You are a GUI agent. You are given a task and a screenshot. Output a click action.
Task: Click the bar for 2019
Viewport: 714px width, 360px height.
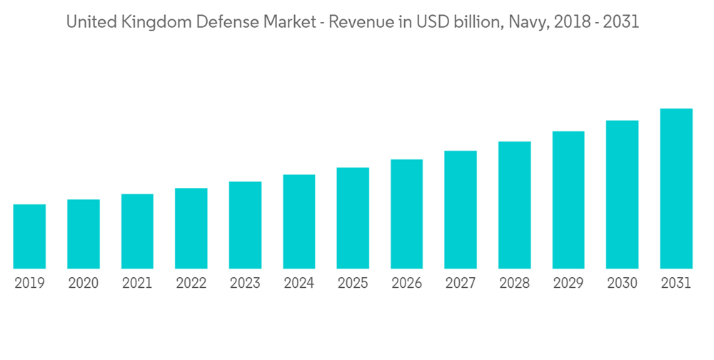29,236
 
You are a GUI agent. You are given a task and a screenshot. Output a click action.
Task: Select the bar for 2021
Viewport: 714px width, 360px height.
137,231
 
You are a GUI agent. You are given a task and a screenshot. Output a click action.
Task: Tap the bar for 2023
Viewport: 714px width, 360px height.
245,225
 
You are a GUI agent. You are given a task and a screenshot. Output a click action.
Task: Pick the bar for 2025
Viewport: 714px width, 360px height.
353,218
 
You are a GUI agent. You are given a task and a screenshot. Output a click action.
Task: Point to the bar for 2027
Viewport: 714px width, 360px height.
461,209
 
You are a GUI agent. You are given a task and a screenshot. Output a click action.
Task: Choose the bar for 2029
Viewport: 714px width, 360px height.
568,200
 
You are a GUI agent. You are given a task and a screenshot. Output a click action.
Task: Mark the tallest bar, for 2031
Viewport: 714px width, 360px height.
676,189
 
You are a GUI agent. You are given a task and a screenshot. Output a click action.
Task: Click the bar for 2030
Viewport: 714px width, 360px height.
622,194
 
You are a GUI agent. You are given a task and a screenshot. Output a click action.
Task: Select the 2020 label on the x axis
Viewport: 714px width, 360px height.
84,284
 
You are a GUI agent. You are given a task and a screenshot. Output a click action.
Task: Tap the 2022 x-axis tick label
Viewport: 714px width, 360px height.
191,284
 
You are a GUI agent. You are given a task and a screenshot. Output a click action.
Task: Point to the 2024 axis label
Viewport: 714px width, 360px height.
298,284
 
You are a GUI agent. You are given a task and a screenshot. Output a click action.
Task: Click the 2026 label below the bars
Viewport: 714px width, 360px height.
407,284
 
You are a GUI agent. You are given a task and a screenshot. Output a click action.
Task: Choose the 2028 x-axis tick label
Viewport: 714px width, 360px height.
515,284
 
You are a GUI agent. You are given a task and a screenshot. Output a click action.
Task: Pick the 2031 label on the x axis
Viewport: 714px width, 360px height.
676,284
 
